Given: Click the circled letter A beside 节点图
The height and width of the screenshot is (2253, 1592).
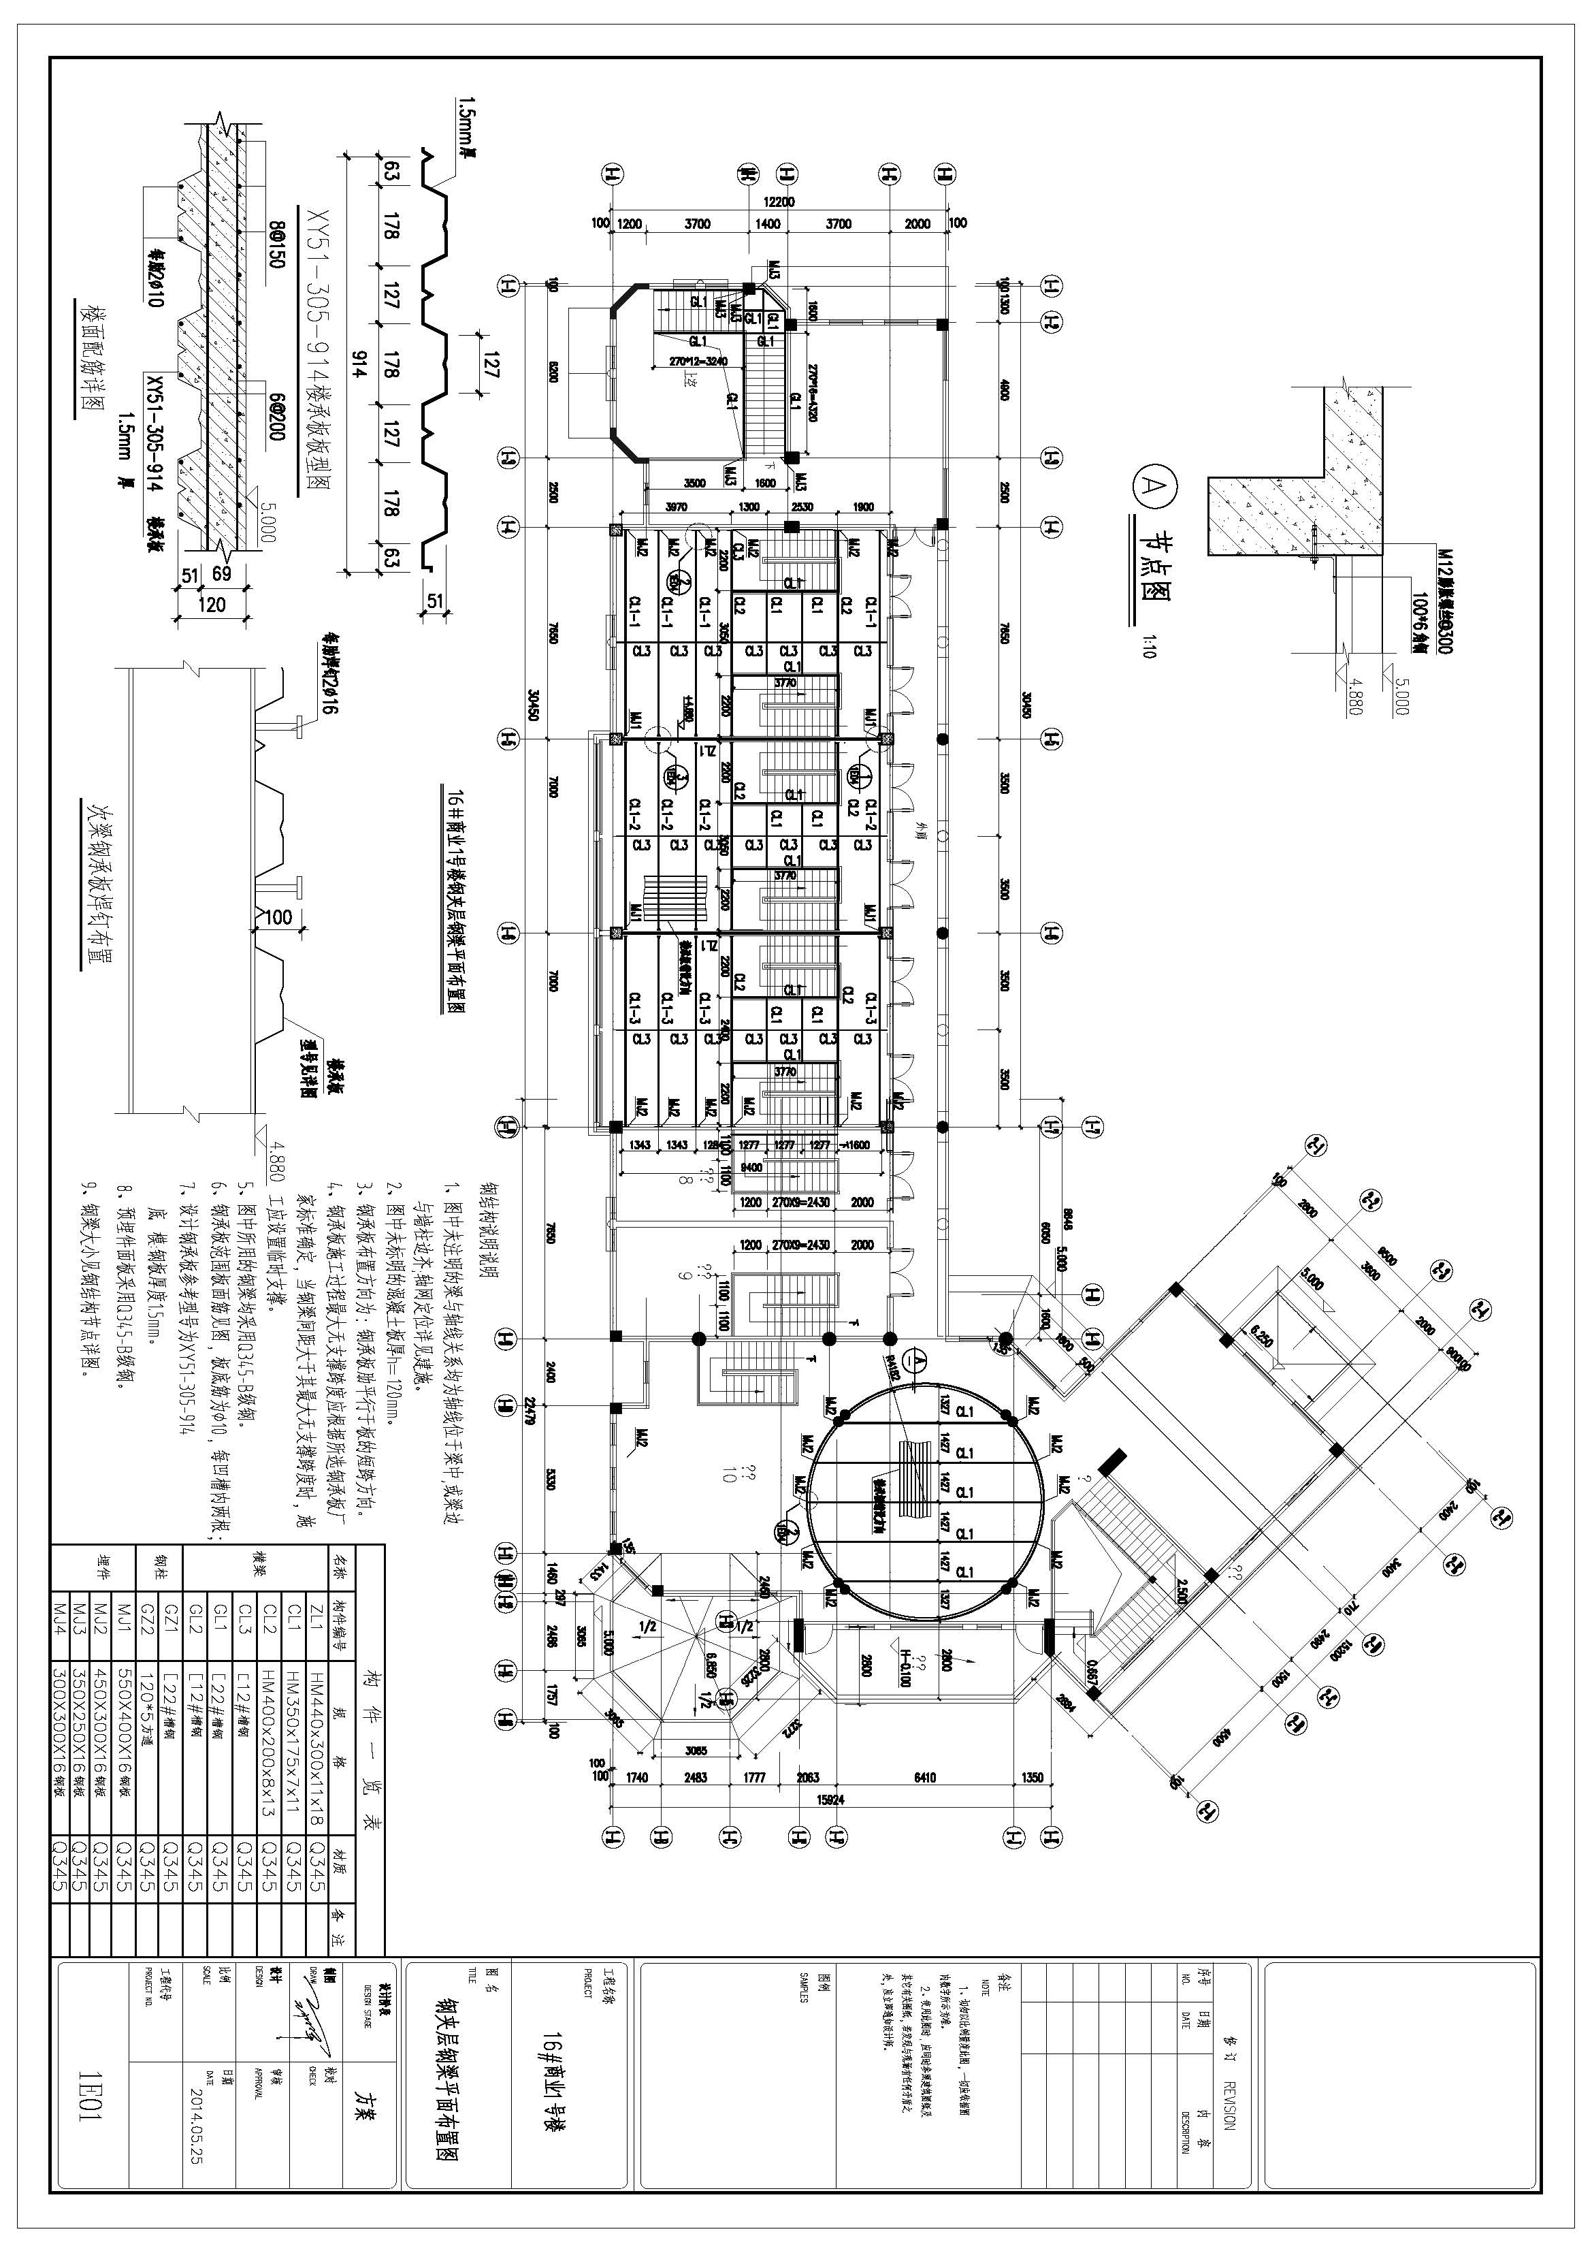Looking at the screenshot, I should (x=1149, y=483).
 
